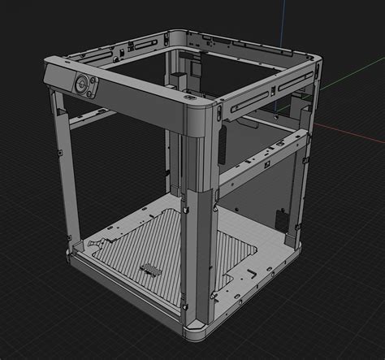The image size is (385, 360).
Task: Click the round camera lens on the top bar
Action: (83, 82)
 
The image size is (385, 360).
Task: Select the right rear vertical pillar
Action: (305, 163)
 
